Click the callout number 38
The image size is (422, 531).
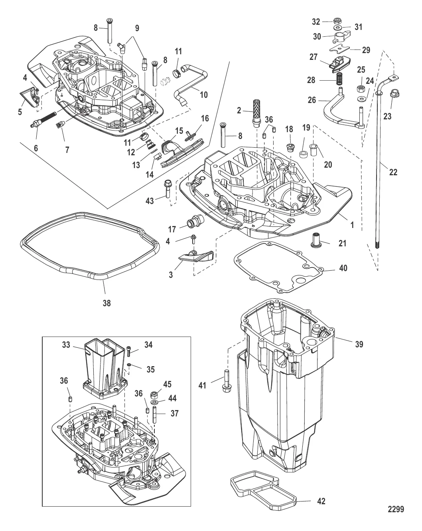[106, 303]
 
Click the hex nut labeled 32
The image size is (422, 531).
[337, 21]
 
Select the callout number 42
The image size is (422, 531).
[321, 501]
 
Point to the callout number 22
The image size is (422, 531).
[393, 172]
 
